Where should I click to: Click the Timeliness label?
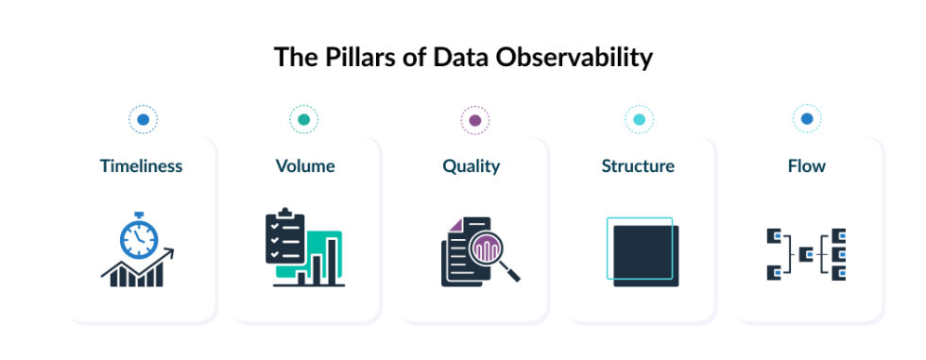(x=141, y=166)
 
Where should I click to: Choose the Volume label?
(x=305, y=166)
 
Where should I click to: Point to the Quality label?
(x=471, y=166)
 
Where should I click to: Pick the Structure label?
(x=638, y=166)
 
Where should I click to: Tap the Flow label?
(x=806, y=166)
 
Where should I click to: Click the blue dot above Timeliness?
(x=143, y=119)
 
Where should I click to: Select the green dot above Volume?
(x=303, y=119)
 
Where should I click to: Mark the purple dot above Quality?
(x=474, y=119)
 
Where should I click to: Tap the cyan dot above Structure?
(x=639, y=119)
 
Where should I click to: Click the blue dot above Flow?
(x=806, y=119)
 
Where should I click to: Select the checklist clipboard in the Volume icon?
(x=284, y=237)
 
